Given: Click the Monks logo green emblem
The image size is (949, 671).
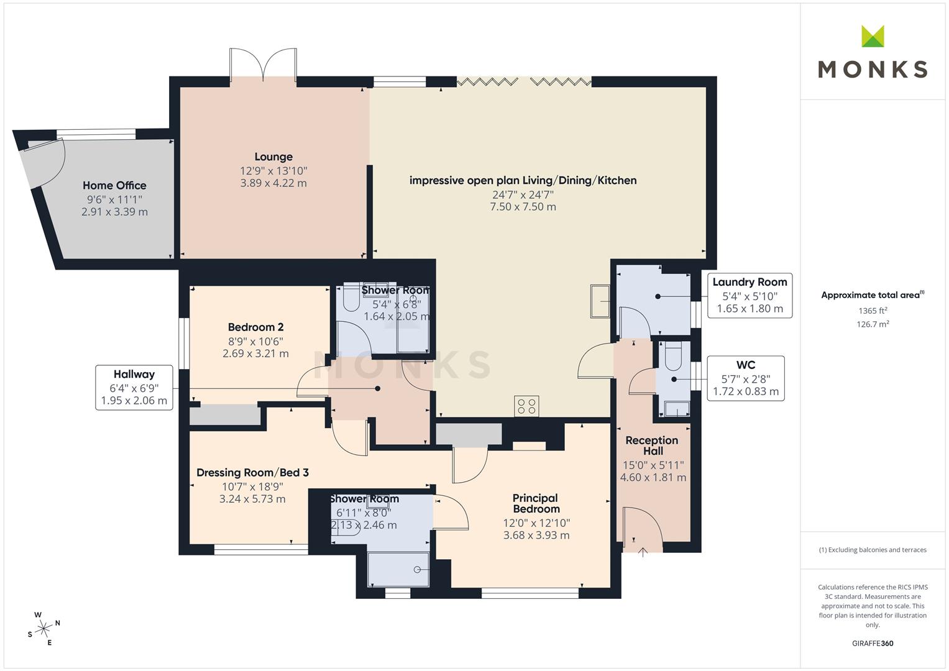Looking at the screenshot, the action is [x=873, y=36].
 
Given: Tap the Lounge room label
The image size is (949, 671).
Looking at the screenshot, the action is [x=273, y=157].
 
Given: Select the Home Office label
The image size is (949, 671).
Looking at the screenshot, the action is [x=114, y=186].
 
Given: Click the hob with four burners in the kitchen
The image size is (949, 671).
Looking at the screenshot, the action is [x=526, y=406].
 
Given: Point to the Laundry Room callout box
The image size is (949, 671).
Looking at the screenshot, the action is [x=750, y=295].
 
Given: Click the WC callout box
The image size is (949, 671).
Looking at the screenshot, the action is [x=746, y=378].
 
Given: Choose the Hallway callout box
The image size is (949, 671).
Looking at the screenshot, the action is [x=134, y=388].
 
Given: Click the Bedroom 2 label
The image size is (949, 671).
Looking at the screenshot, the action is [x=255, y=327].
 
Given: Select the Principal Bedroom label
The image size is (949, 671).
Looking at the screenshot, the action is [x=536, y=503].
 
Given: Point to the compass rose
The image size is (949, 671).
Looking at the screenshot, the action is [x=44, y=629].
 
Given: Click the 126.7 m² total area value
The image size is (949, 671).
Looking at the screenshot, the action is [x=873, y=324].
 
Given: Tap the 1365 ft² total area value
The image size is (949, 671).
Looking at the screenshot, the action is [x=873, y=311].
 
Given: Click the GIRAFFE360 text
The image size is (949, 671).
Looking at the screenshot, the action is [x=873, y=644].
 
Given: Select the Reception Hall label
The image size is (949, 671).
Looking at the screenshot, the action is [x=652, y=445].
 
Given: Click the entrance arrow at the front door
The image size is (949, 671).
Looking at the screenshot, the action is [x=643, y=552].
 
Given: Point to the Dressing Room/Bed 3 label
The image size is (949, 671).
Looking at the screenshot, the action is [x=252, y=472].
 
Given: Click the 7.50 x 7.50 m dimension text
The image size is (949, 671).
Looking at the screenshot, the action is [x=523, y=207].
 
